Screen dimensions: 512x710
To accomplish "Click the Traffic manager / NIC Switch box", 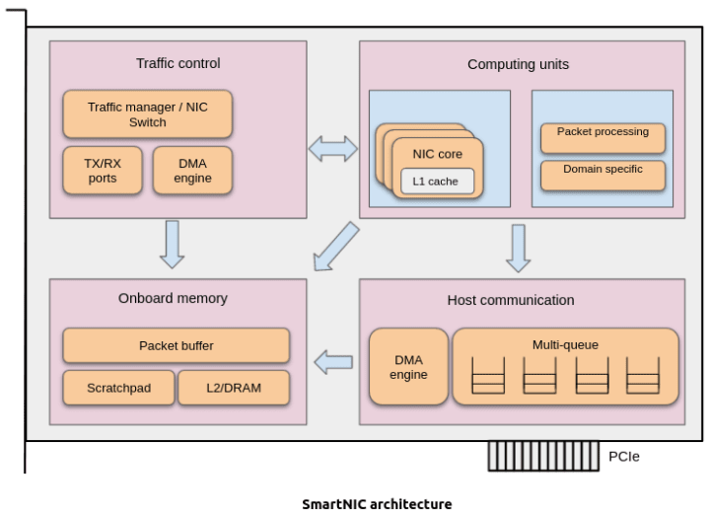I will [x=148, y=114].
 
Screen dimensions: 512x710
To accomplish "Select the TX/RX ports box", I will [x=102, y=171].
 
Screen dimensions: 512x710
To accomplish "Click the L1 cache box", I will [x=436, y=182].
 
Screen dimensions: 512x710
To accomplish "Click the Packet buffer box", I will [x=176, y=346].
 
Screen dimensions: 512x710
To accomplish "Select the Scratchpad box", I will [x=118, y=388].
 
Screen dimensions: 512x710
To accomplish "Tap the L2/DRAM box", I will [x=234, y=388].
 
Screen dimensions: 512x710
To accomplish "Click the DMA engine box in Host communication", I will [x=407, y=367].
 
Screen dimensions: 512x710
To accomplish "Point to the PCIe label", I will [x=624, y=457].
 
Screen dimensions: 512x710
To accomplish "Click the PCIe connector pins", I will [x=543, y=456].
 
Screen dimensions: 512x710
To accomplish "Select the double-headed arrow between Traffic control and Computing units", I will [x=333, y=149].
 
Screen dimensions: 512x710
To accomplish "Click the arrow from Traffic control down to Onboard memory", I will [x=173, y=244].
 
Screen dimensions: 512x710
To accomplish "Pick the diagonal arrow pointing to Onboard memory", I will [x=335, y=246].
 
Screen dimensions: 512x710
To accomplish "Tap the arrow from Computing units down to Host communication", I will [x=518, y=248].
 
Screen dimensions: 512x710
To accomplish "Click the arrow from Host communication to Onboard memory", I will [x=333, y=363].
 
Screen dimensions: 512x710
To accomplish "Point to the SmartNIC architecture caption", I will [x=377, y=504].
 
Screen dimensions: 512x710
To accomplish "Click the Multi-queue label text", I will [x=565, y=344].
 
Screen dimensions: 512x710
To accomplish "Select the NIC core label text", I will [x=437, y=154].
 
